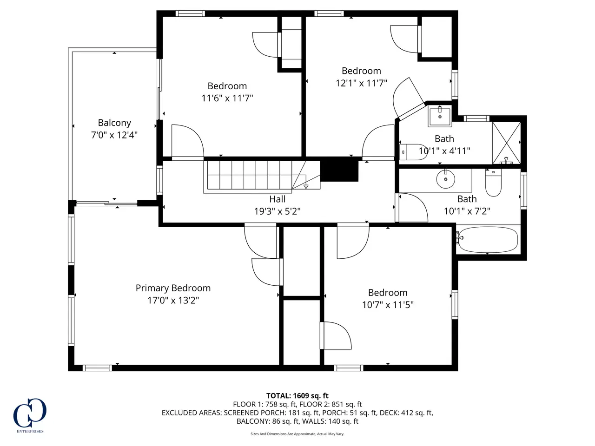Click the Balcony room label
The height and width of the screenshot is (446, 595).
coord(114,123)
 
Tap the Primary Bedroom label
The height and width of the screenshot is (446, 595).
coord(173,288)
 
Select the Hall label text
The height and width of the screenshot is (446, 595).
coord(278,199)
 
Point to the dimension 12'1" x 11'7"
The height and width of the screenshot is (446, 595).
coord(361,83)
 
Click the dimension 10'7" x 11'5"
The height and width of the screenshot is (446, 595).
coord(388,305)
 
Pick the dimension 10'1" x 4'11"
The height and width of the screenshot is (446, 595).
coord(444,151)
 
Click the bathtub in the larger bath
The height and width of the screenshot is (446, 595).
coord(487,240)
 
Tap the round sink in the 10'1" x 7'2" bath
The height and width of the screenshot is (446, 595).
coord(445,179)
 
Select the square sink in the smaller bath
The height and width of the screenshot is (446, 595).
coord(440,116)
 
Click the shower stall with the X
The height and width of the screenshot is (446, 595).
coord(506,143)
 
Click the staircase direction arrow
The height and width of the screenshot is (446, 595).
coord(306,186)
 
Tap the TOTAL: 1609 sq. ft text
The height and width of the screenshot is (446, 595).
coord(297,396)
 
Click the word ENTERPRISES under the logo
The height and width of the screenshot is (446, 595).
coord(30,431)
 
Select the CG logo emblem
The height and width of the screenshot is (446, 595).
coord(30,413)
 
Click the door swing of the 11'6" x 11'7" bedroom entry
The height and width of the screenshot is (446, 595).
coord(188,141)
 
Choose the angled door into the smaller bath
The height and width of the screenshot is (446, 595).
coord(408,98)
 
